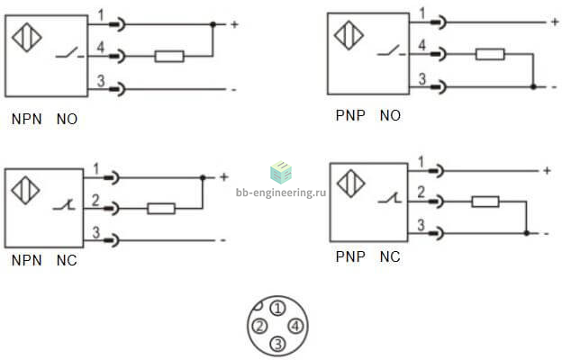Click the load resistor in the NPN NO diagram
(x=169, y=56)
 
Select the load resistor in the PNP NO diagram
(x=490, y=54)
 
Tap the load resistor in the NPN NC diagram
(x=161, y=209)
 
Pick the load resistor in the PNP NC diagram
(x=485, y=202)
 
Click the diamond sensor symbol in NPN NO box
(x=27, y=37)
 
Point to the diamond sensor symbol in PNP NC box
(x=351, y=184)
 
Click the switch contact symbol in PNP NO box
(x=391, y=51)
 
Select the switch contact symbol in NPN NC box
(x=64, y=205)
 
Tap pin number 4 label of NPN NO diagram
(x=100, y=47)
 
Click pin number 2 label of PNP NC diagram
(x=421, y=192)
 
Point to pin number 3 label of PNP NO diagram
(x=422, y=79)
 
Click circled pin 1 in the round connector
(x=277, y=308)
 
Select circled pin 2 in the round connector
(x=260, y=326)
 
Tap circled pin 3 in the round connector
(x=277, y=344)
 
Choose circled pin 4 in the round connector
(x=295, y=326)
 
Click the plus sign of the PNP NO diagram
(x=555, y=22)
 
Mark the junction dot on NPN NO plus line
(x=213, y=24)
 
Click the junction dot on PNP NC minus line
(x=526, y=233)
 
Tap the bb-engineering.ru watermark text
(x=281, y=193)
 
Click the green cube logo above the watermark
(x=281, y=172)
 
